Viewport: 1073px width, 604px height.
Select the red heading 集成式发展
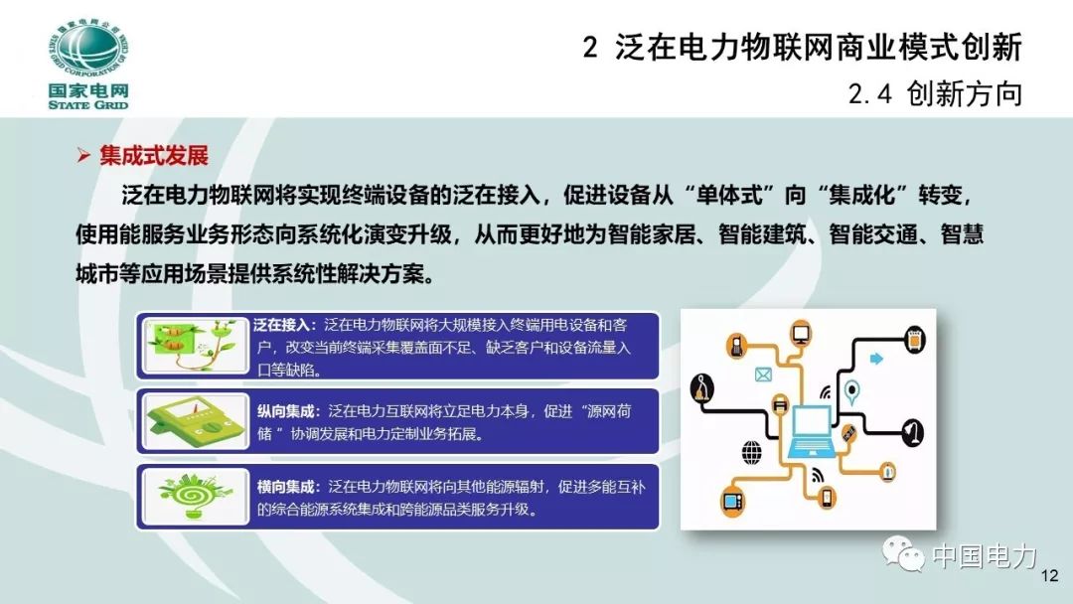pos(153,156)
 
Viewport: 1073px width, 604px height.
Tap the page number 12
pos(1049,576)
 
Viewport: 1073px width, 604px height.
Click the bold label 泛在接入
pos(284,325)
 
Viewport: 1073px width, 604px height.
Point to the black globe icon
pos(751,452)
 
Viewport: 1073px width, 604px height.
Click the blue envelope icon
pos(763,375)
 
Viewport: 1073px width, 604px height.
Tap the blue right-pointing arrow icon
pos(876,358)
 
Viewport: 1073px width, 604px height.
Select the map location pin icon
pos(850,391)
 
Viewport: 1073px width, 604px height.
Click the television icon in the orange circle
pos(733,500)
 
